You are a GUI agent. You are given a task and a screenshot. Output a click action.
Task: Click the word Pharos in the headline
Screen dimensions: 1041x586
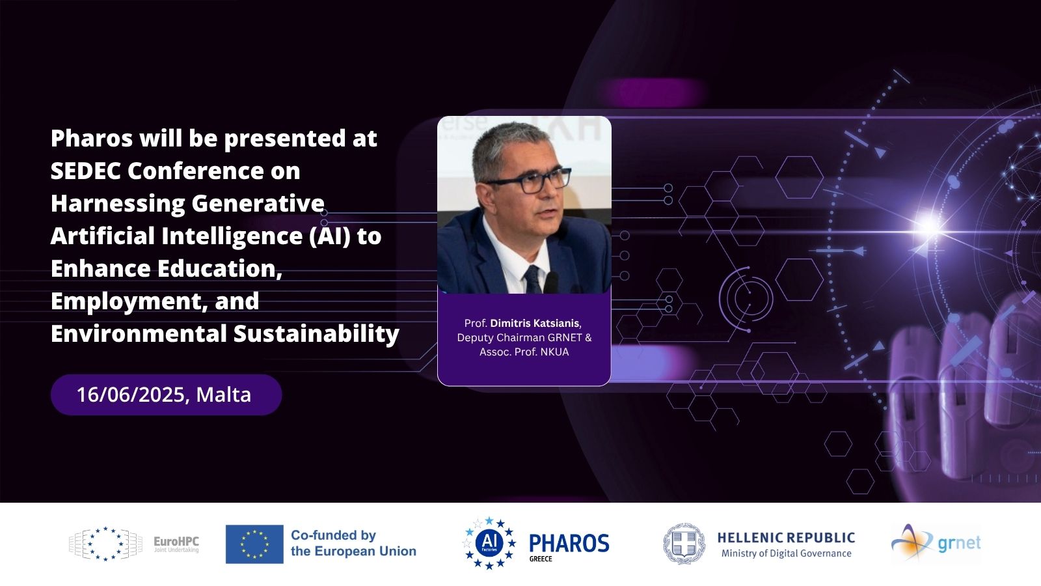[x=92, y=139]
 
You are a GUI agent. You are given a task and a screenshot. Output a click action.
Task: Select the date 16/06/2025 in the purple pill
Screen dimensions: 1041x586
[x=131, y=395]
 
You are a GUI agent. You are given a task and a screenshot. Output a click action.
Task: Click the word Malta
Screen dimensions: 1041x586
[x=224, y=395]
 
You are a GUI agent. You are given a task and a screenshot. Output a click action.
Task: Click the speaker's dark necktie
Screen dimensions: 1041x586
[x=532, y=279]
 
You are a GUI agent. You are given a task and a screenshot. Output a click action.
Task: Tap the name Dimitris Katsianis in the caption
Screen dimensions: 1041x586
[x=534, y=323]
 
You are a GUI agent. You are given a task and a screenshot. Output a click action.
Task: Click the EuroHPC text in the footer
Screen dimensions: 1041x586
[x=176, y=542]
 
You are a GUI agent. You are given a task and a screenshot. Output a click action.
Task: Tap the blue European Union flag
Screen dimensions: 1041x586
[x=254, y=544]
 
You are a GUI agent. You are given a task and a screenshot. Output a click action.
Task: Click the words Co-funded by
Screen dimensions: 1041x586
[x=333, y=536]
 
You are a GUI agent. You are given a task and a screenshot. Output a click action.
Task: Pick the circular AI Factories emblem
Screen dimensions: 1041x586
[x=489, y=543]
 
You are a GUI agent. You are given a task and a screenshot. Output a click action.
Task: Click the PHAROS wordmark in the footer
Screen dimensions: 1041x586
[x=569, y=543]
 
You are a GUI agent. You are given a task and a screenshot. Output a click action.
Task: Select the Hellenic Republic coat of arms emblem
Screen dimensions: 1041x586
[x=684, y=544]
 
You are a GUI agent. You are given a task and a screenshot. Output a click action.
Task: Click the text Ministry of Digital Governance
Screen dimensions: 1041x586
[x=787, y=553]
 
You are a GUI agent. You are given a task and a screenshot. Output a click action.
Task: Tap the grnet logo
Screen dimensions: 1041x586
[x=936, y=542]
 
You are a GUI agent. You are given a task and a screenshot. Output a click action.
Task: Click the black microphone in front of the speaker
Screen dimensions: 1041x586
[x=550, y=283]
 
